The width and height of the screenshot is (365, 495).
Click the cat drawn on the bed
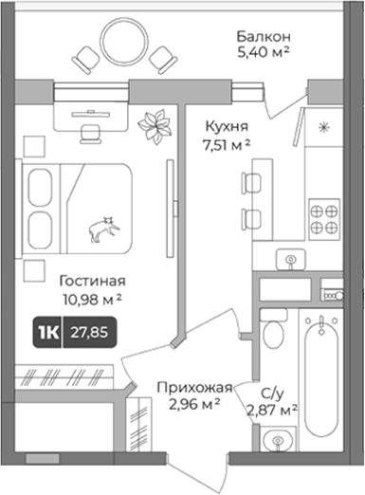click(103, 229)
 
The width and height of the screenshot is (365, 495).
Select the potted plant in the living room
click(155, 127)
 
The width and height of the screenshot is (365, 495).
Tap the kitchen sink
click(291, 260)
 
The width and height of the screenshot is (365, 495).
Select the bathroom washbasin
click(278, 440)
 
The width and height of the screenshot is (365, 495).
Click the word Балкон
click(264, 37)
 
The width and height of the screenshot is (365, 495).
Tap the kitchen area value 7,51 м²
click(227, 146)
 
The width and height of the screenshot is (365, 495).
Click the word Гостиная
click(92, 281)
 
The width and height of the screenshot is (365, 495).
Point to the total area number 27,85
click(89, 333)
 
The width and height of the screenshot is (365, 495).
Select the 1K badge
click(48, 333)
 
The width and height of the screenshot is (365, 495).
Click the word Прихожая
click(194, 387)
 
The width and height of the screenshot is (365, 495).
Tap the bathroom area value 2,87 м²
click(272, 411)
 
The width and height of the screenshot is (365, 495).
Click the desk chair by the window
click(89, 134)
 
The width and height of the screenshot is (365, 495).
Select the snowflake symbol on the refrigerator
click(323, 127)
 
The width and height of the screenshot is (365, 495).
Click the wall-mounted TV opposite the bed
click(171, 209)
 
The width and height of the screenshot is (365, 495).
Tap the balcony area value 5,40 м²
click(264, 52)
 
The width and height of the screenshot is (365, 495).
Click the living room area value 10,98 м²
click(92, 300)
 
